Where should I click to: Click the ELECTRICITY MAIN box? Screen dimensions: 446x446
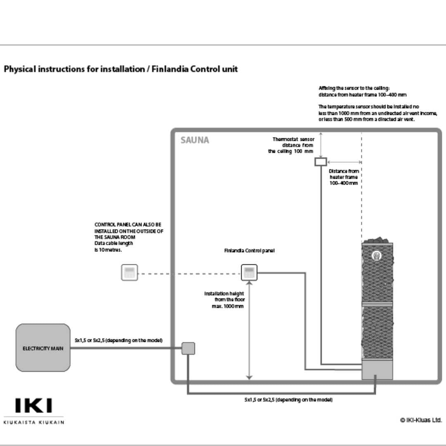tap(43, 348)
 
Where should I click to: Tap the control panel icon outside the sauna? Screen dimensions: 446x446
tap(129, 273)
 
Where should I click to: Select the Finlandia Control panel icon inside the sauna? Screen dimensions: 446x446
tap(249, 273)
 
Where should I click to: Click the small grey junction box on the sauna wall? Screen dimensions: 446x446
tap(188, 349)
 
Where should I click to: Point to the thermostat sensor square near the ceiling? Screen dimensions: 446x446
tap(320, 161)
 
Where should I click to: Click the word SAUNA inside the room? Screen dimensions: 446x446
tap(195, 140)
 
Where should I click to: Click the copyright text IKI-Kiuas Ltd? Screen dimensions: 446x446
tap(421, 420)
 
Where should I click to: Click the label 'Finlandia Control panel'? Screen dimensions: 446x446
tap(249, 251)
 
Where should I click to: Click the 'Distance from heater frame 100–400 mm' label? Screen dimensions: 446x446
tap(344, 177)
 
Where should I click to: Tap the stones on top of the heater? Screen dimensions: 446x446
tap(377, 240)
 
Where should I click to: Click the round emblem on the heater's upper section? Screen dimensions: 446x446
tap(377, 256)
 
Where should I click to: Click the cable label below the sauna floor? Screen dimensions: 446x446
tap(288, 400)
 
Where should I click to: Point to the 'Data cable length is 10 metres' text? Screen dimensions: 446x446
tap(114, 247)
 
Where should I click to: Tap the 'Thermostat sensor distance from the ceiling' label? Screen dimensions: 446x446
tap(291, 145)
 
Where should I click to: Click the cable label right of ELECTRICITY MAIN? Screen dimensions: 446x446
tap(119, 340)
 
